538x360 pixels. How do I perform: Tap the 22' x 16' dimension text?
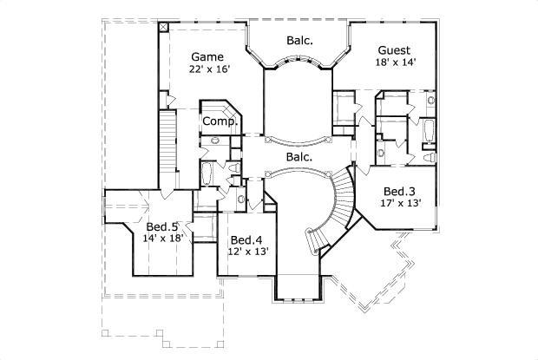(212, 70)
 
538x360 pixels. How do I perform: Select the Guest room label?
(394, 50)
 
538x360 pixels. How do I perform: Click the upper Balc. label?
(299, 40)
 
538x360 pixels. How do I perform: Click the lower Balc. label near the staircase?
(299, 157)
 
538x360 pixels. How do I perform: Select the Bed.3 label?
(397, 191)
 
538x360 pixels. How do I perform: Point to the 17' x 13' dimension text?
(399, 204)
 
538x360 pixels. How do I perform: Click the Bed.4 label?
(246, 239)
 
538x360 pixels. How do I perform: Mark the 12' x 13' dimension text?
(247, 252)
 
